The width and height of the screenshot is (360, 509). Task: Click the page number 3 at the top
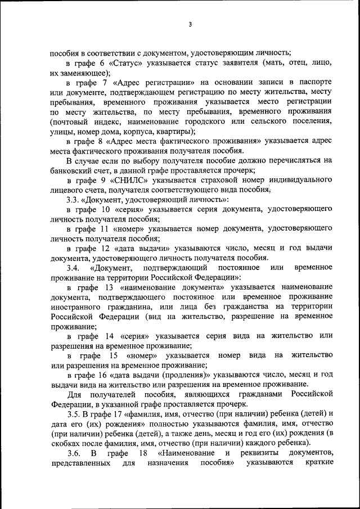pyautogui.click(x=190, y=25)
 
